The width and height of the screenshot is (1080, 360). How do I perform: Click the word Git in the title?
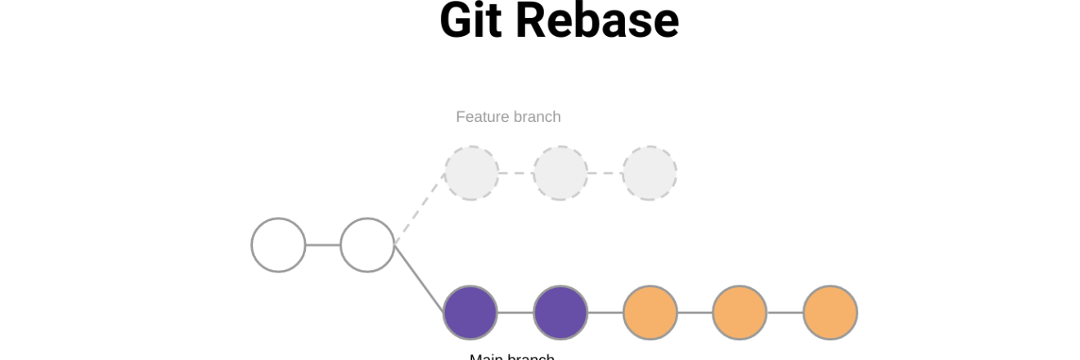click(470, 20)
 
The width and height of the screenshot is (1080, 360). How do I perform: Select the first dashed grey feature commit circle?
click(471, 173)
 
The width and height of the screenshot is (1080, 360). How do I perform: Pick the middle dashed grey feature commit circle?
click(560, 173)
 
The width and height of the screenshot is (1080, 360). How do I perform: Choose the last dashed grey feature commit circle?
click(650, 173)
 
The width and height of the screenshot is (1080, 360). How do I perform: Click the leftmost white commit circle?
click(278, 245)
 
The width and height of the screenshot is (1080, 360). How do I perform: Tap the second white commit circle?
click(367, 245)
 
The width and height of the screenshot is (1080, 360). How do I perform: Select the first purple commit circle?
click(470, 313)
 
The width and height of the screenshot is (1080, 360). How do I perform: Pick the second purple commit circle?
click(560, 313)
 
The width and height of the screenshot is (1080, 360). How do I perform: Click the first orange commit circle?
click(650, 313)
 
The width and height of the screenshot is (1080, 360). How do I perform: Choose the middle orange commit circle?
click(740, 313)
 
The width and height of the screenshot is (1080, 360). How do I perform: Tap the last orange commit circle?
click(830, 313)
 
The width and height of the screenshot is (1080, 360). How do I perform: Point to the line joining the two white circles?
click(323, 245)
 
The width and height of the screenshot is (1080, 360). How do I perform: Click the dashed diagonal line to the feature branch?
click(420, 209)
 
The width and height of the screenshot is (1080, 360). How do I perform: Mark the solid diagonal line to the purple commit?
click(420, 279)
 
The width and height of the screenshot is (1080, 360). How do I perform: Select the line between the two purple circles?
click(515, 313)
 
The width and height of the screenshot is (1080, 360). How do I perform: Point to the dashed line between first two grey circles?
click(515, 173)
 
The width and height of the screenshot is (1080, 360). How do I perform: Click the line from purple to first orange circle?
click(605, 313)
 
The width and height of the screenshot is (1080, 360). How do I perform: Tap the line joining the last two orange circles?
click(785, 313)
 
